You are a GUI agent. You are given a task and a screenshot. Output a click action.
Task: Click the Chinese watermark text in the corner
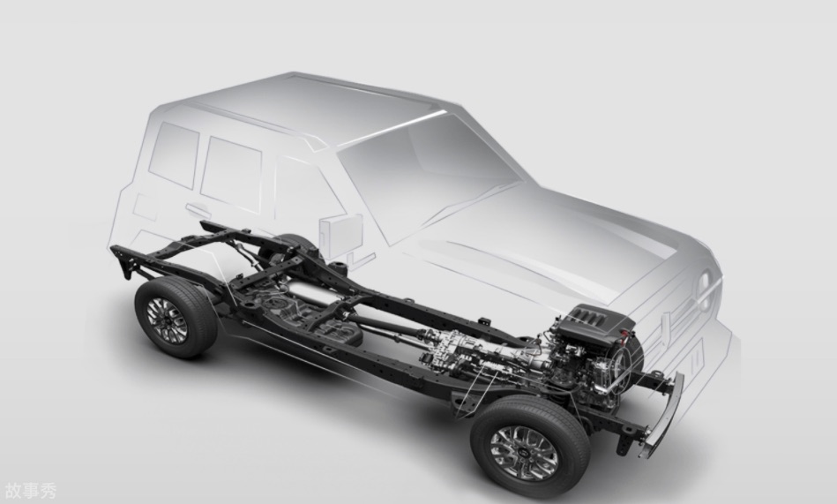point(30,491)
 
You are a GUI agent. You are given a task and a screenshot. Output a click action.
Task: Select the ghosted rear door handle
point(198,210)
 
